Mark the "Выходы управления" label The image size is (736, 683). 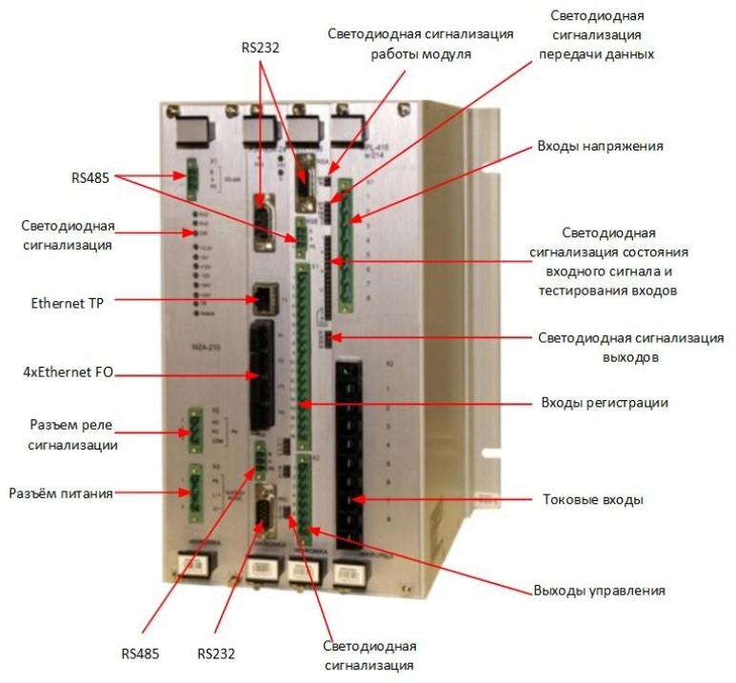(598, 591)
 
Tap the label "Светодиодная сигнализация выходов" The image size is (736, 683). (629, 347)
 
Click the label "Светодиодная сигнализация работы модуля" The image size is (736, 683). (420, 44)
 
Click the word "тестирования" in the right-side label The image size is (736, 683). (574, 291)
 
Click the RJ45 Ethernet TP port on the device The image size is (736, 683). (257, 298)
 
